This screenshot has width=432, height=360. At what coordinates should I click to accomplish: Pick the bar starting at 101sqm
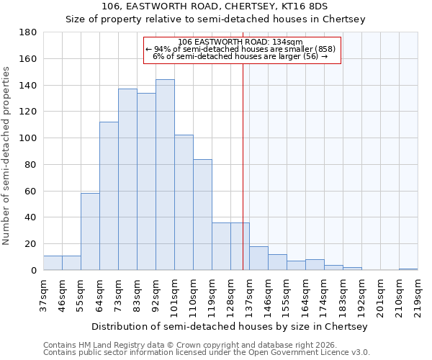click(x=184, y=202)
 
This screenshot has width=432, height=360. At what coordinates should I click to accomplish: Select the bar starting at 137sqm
click(x=258, y=258)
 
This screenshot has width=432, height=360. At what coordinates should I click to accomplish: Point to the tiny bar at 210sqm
click(x=408, y=269)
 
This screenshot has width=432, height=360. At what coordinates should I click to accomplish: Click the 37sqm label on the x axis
click(x=43, y=292)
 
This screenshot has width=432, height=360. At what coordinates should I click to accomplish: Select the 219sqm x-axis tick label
click(x=418, y=292)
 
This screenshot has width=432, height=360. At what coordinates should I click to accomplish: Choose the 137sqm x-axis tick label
click(x=249, y=292)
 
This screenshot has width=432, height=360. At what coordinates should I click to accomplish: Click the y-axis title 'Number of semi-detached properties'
click(x=7, y=156)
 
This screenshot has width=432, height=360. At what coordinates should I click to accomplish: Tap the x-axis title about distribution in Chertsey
click(x=230, y=326)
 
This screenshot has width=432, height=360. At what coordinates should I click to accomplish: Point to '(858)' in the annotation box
click(x=324, y=49)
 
